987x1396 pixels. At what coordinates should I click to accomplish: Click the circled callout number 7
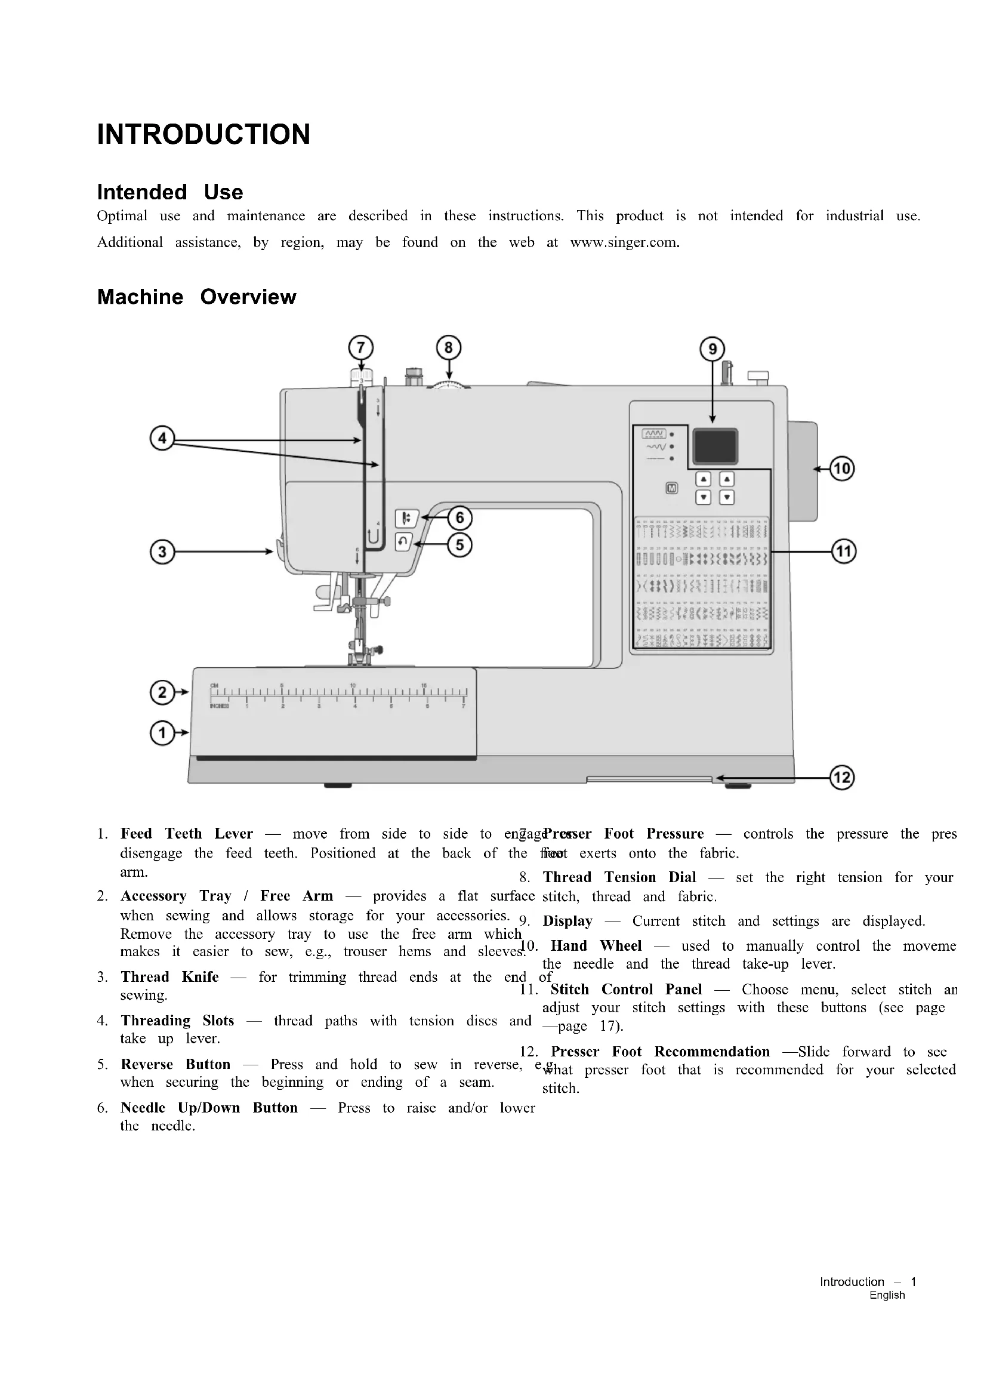361,348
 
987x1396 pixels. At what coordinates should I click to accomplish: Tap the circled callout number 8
449,348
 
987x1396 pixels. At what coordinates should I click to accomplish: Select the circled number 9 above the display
713,349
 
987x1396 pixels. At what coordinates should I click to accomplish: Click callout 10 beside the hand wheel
843,469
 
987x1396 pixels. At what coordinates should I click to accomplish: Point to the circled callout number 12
843,778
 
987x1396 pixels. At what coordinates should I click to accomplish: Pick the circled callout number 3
162,552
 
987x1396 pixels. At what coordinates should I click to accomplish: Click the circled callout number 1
162,734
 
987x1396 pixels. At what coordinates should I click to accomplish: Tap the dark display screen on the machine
715,446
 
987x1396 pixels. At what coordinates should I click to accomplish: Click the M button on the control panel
671,488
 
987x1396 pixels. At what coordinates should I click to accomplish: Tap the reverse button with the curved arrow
403,542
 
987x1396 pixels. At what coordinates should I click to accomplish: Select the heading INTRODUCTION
203,134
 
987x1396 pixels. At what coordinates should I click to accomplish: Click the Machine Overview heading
197,297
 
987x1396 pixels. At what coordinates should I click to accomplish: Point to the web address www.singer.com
624,242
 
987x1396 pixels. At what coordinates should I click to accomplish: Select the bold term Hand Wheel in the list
596,945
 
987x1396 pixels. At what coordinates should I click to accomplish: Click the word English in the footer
887,1295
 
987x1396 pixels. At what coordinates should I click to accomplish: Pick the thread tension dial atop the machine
449,384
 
